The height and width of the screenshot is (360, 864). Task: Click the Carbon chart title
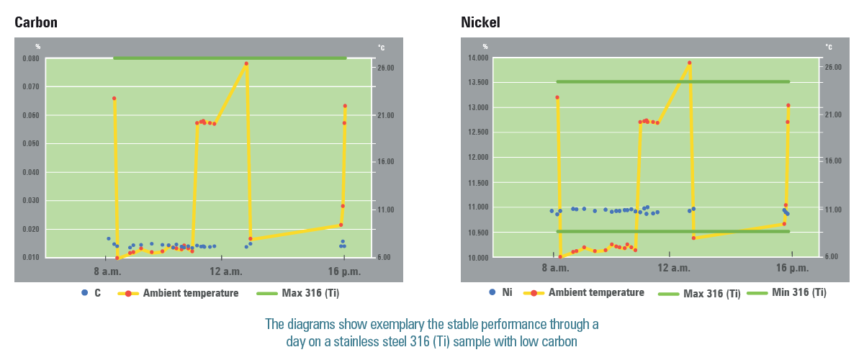click(36, 22)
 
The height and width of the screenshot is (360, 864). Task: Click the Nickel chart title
click(480, 22)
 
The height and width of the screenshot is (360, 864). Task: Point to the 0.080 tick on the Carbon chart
click(29, 58)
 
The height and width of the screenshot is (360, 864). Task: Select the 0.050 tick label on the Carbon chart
click(29, 144)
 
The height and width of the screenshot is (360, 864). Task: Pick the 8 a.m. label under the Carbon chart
click(106, 271)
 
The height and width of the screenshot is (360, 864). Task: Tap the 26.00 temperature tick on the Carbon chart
click(385, 68)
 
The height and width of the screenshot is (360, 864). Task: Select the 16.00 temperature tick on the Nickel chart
click(832, 161)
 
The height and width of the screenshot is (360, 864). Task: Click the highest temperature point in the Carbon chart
click(246, 63)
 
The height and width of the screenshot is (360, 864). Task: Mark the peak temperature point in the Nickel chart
click(689, 63)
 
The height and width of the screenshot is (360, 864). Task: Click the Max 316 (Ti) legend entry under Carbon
click(311, 293)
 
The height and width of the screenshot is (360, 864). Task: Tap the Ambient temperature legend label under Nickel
click(596, 293)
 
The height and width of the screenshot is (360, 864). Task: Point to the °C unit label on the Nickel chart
click(828, 48)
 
